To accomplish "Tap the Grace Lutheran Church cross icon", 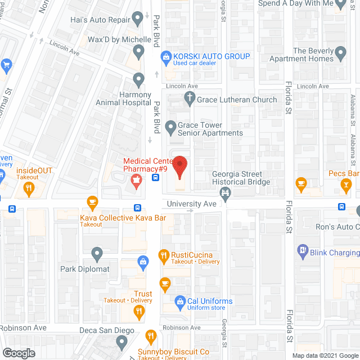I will tap(190, 100).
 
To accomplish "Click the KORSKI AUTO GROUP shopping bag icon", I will tap(166, 56).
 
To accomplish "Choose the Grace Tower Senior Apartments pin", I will tap(169, 128).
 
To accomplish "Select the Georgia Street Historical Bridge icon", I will tap(226, 194).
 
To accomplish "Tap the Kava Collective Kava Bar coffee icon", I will tap(92, 202).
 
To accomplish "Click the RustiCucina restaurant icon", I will tap(164, 256).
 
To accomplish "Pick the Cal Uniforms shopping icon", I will tap(180, 301).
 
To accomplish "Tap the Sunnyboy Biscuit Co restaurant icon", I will tap(151, 337).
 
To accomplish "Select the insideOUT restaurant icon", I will tap(28, 190).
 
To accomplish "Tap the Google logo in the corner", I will tap(19, 353).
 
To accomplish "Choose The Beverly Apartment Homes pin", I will tap(342, 55).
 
